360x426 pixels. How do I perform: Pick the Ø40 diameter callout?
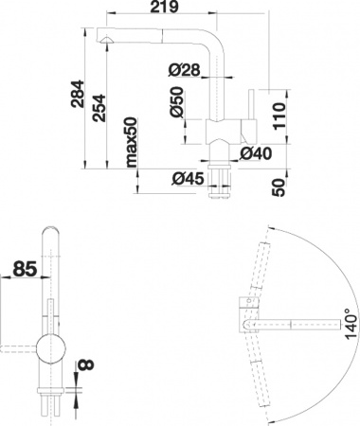[x=256, y=152]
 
